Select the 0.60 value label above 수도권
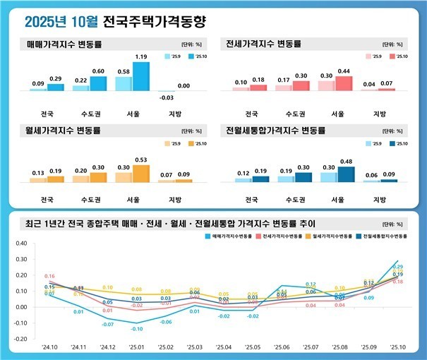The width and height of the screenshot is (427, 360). click(99, 71)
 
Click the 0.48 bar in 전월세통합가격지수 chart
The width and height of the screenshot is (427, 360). click(346, 174)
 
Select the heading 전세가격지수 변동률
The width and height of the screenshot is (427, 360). click(265, 44)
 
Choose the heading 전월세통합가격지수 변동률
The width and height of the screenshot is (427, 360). click(275, 131)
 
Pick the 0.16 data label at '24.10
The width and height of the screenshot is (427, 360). click(50, 276)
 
